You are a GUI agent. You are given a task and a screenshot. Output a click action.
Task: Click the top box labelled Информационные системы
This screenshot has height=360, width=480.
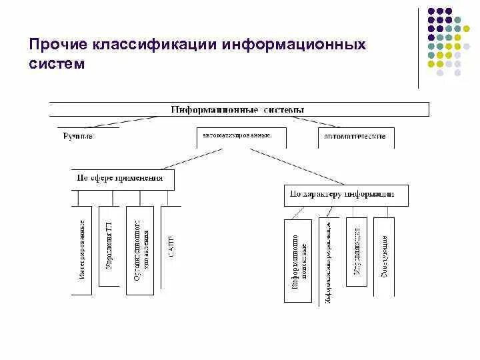[x=239, y=109]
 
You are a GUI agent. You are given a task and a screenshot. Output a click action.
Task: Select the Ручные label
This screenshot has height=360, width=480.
[x=78, y=136]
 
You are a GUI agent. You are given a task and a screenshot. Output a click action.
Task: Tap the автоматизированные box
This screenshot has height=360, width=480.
[x=241, y=137]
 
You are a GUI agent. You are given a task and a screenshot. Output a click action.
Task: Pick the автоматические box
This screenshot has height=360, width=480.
[x=356, y=137]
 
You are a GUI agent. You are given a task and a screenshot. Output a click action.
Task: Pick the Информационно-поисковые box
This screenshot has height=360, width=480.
[x=297, y=260]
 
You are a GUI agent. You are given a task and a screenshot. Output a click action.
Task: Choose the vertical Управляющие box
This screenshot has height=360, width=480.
[x=357, y=251]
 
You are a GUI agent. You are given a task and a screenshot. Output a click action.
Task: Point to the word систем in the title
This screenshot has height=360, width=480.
[x=57, y=65]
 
